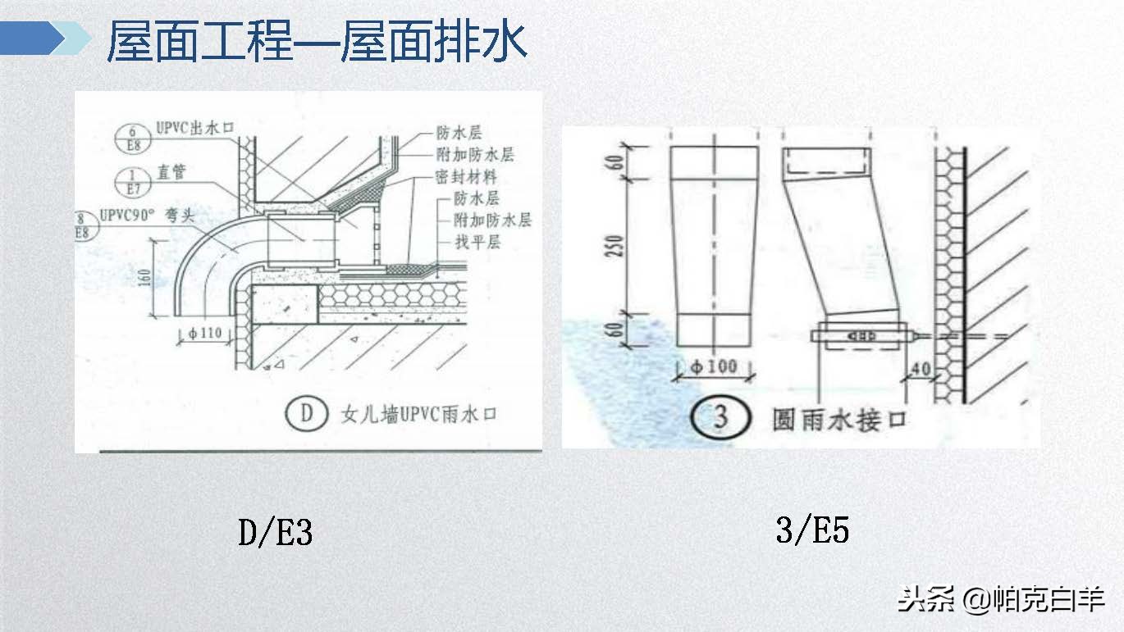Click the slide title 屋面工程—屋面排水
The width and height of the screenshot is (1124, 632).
tap(317, 43)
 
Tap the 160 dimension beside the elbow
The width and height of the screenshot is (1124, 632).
tap(143, 277)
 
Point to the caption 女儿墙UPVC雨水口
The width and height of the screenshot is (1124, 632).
tap(418, 415)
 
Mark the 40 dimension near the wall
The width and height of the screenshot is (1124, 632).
tap(921, 371)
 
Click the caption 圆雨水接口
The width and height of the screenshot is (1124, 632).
tap(838, 420)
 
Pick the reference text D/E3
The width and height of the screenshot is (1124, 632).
tap(275, 534)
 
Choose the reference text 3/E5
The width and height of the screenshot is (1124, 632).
tap(811, 530)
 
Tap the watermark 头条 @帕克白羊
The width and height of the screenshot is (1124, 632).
tap(1000, 599)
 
